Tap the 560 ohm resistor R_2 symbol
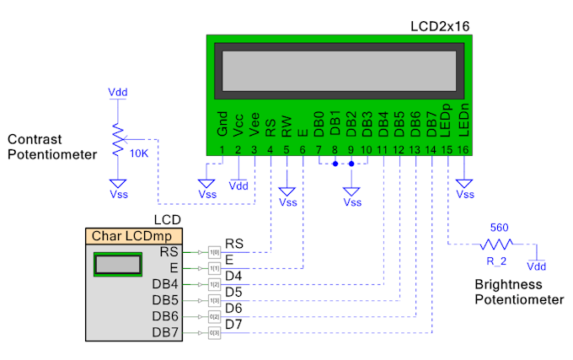496,244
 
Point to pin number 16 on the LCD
463,150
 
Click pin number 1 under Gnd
222,150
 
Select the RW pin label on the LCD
286,126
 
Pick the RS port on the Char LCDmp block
169,252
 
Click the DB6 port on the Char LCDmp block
165,316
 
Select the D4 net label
233,276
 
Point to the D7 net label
233,324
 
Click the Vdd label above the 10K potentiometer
119,91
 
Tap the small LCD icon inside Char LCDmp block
117,264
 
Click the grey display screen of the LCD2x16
340,69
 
